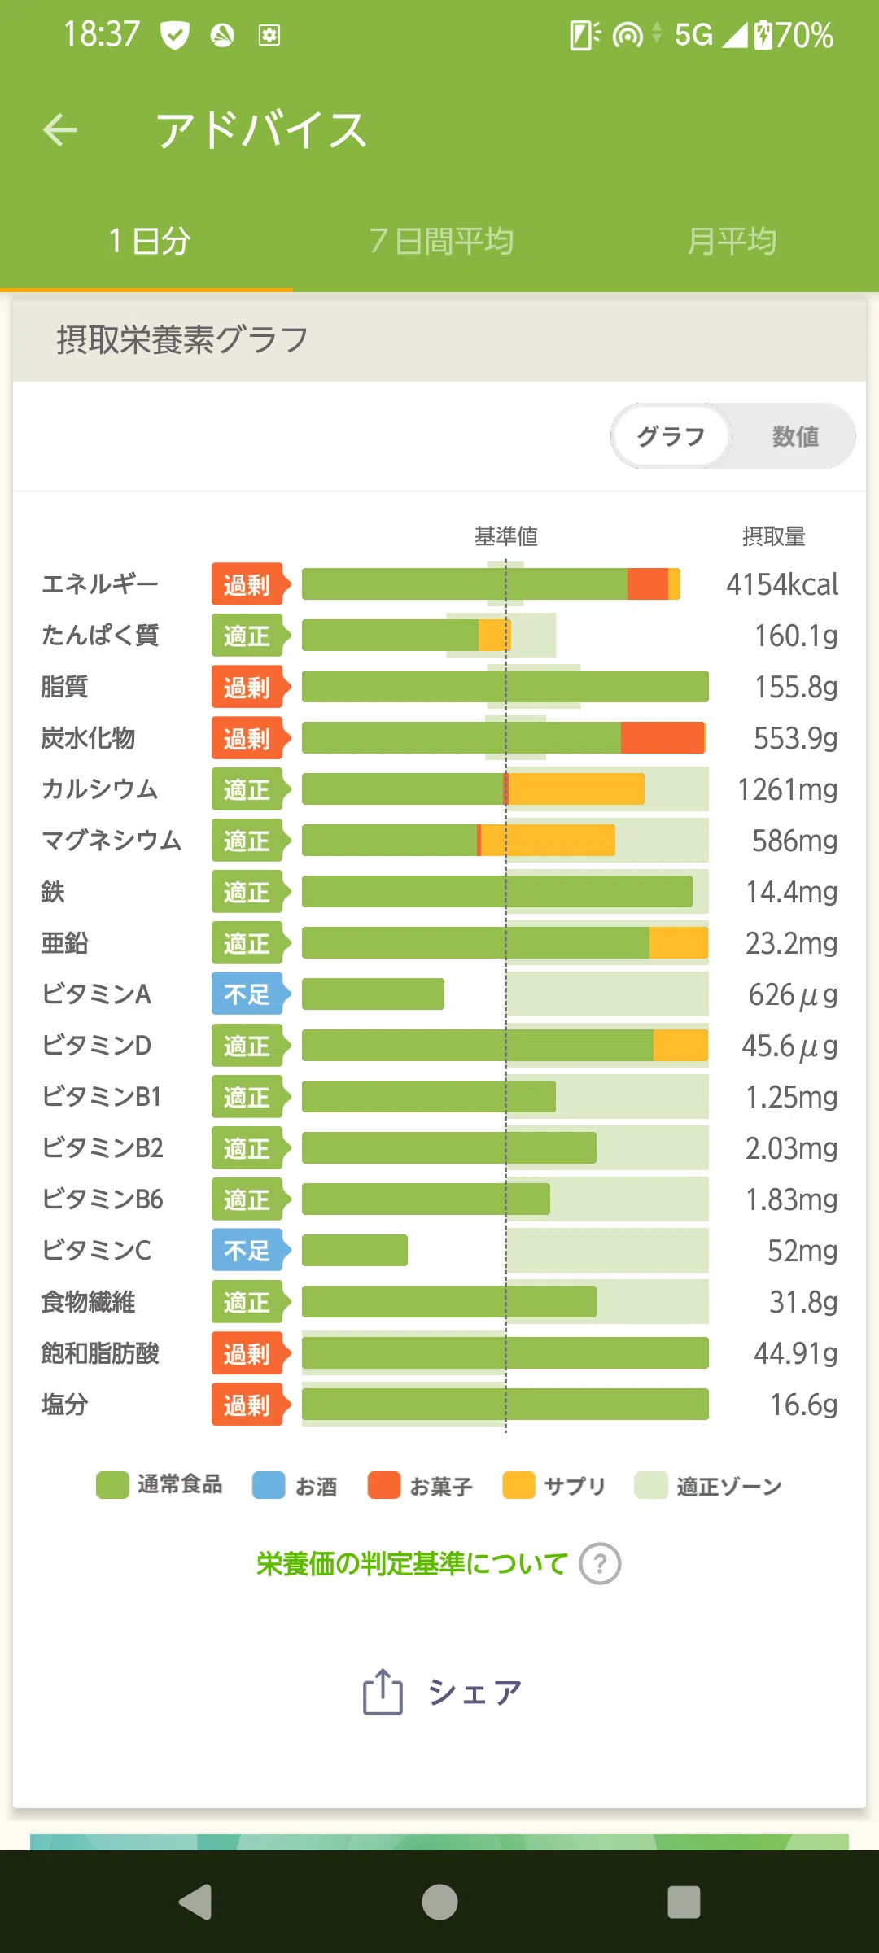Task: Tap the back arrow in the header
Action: (60, 129)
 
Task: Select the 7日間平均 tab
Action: (441, 241)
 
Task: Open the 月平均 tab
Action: (732, 241)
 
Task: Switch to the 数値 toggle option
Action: (795, 436)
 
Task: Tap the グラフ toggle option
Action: (671, 436)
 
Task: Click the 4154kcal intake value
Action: (782, 584)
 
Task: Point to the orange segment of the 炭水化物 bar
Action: (663, 738)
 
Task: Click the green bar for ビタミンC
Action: (355, 1250)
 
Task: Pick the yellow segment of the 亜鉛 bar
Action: (679, 942)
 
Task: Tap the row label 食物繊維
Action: (89, 1302)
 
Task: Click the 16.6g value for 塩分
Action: (804, 1405)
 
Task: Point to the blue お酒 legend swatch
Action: (269, 1485)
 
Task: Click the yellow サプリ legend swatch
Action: (519, 1485)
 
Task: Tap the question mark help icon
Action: (601, 1564)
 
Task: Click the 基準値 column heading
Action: (506, 536)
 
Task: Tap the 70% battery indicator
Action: (804, 35)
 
